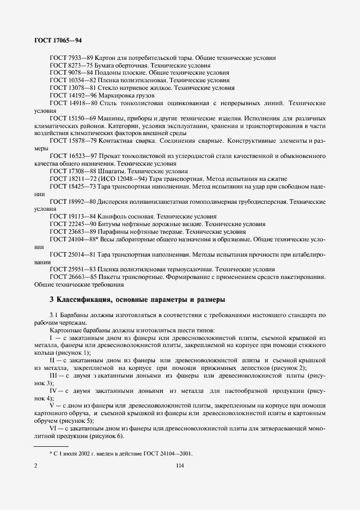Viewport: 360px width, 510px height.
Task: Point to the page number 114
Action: (180, 466)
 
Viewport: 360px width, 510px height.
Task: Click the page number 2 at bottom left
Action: (36, 466)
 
